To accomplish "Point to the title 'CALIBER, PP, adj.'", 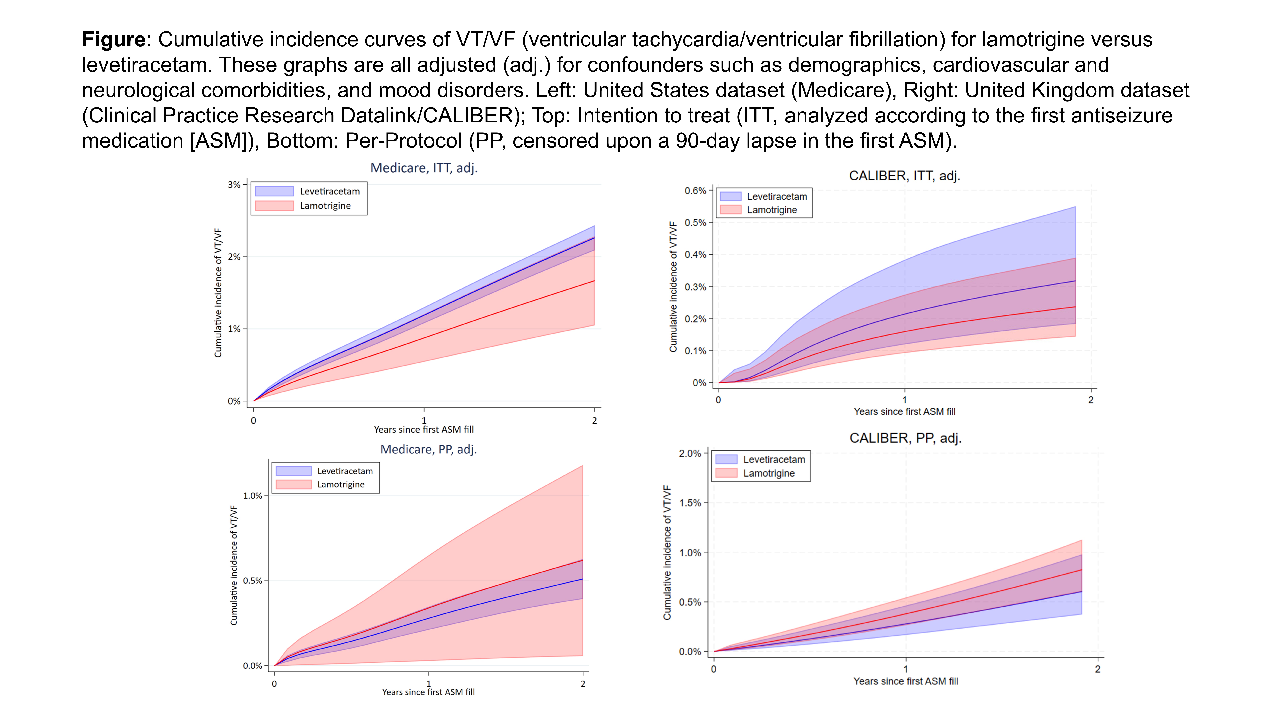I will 905,438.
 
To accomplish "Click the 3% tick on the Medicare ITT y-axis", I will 234,185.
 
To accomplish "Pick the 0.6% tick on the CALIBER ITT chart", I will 695,191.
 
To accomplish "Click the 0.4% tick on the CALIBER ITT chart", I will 695,255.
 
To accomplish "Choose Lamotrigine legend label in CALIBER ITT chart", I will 772,210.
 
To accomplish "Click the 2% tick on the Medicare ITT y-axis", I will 234,257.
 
